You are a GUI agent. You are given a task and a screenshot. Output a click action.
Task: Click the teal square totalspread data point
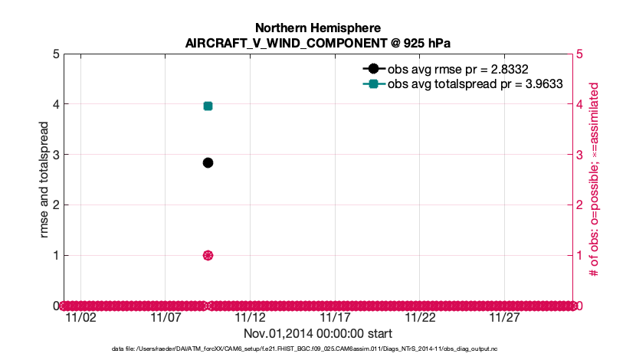coord(208,106)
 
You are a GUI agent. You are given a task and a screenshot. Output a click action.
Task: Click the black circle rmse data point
coord(208,162)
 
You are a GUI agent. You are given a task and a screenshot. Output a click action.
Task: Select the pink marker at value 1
coord(208,255)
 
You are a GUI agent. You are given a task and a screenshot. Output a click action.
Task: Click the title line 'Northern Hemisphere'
coord(318,28)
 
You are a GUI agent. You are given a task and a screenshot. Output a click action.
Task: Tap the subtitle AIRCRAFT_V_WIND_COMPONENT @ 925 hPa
coord(318,43)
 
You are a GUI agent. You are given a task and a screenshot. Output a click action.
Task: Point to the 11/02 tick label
coord(81,317)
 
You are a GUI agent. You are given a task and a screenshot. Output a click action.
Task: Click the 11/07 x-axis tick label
coord(166,317)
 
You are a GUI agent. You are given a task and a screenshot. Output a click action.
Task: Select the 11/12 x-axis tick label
coord(251,317)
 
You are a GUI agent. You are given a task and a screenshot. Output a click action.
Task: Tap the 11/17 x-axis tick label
coord(335,317)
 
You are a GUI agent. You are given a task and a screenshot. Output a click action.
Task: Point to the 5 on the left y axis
coord(56,54)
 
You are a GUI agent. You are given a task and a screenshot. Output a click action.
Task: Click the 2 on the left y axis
coord(56,205)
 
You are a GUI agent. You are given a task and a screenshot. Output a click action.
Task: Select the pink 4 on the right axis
coord(579,104)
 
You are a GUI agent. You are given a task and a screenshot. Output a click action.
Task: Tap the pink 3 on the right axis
coord(579,155)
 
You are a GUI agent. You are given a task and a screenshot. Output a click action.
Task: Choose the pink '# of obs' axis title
coord(593,180)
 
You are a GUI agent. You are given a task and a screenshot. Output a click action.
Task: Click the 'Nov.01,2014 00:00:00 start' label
coord(318,333)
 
